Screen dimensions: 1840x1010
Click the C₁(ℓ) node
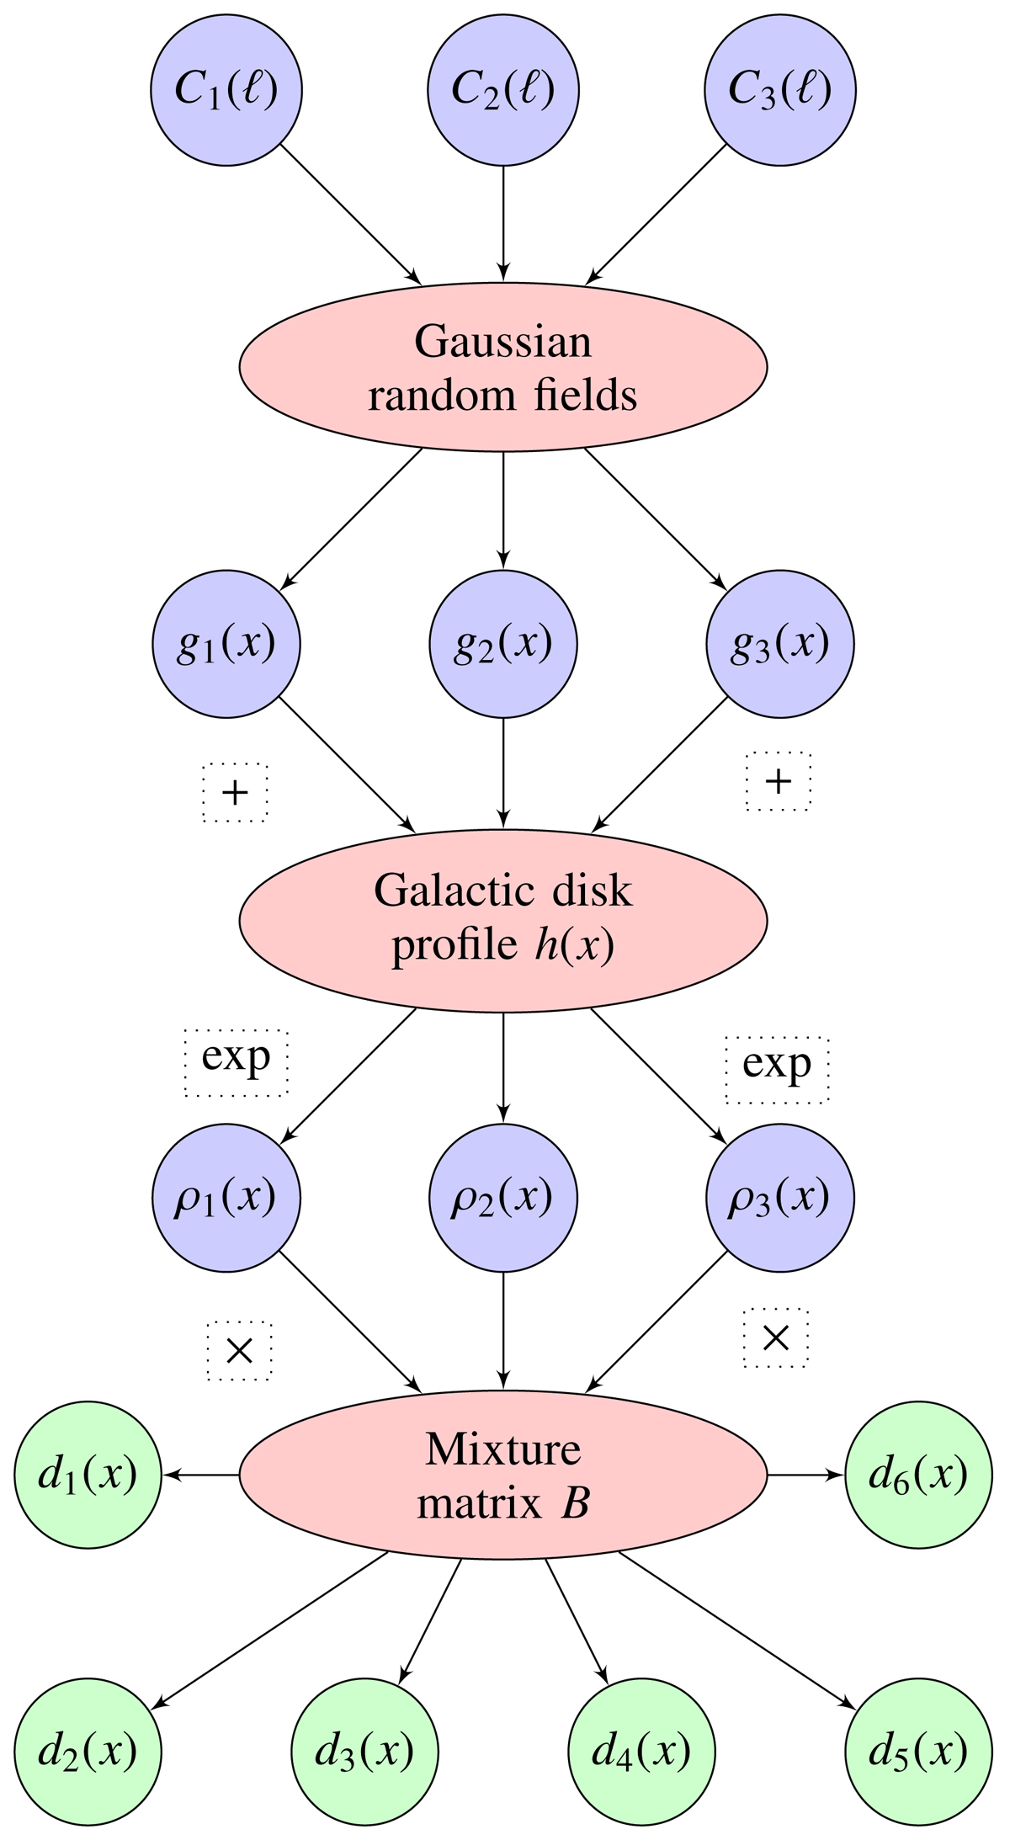226,90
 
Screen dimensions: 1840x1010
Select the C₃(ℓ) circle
779,90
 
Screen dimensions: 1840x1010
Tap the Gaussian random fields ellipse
503,367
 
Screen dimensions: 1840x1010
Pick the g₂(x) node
503,644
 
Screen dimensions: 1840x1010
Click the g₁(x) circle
226,644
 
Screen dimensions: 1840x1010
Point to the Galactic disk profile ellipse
503,920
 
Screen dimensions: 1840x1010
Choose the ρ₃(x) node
779,1197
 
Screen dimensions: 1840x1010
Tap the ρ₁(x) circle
226,1197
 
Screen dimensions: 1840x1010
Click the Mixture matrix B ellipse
503,1474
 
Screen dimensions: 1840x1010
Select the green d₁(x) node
88,1474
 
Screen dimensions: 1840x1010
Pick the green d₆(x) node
918,1474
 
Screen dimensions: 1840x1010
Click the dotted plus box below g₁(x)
235,792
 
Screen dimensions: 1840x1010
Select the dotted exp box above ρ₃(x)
778,1068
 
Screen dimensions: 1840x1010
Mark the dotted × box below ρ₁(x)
240,1351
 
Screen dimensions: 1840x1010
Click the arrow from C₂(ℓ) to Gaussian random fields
503,223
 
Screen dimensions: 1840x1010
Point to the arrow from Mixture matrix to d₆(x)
805,1474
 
